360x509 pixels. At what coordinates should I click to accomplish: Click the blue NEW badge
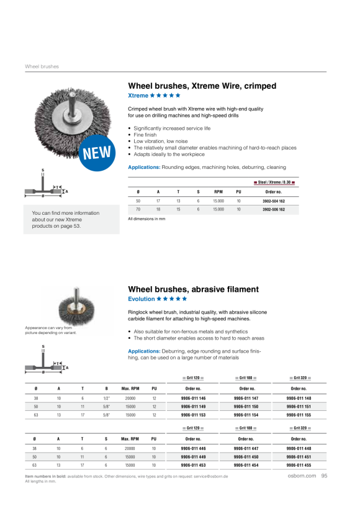click(97, 153)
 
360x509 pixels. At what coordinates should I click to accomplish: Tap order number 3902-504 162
click(274, 201)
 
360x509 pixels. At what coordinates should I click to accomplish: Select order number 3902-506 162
click(274, 210)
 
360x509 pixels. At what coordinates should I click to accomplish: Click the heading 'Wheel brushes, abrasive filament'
click(193, 289)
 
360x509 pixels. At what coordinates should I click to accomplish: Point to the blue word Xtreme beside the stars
click(138, 96)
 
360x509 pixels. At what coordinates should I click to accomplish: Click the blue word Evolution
click(142, 299)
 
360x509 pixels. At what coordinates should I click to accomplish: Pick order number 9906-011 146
click(193, 399)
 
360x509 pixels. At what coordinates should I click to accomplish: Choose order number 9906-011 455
click(299, 465)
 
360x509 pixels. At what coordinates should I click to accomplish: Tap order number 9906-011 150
click(246, 407)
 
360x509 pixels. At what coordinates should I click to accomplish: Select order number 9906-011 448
click(299, 449)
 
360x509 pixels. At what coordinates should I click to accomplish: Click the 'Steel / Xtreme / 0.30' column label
click(274, 182)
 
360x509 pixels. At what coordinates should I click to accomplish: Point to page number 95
click(324, 475)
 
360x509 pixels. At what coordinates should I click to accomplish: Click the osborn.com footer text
click(302, 475)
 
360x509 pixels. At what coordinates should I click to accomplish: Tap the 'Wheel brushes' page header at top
click(42, 66)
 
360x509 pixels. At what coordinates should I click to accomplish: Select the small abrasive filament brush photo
click(76, 307)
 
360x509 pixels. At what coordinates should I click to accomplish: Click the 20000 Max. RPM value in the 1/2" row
click(130, 399)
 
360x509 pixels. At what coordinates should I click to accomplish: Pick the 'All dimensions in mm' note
click(146, 219)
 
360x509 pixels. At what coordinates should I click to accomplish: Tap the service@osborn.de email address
click(210, 477)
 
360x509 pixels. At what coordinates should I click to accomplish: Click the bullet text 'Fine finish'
click(145, 135)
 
